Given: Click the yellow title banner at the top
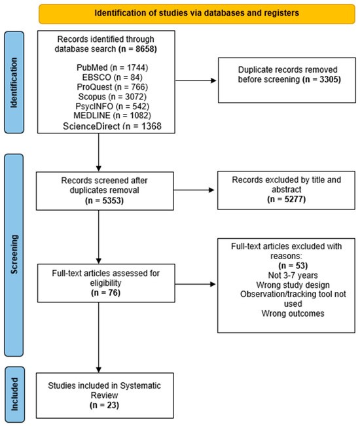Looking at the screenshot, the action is click(x=197, y=14).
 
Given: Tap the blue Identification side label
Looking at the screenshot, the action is click(x=14, y=82).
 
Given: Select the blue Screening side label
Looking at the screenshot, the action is click(x=14, y=255).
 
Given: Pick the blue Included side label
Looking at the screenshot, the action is click(x=14, y=394).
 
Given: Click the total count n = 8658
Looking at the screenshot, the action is click(x=137, y=49).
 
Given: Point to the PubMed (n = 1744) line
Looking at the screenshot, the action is click(x=112, y=67).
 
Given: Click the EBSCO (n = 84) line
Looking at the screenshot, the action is click(x=112, y=77).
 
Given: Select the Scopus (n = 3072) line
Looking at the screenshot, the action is click(x=112, y=96).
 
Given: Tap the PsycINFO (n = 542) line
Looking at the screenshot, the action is click(x=112, y=106).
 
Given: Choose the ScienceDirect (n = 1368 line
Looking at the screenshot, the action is click(x=112, y=126).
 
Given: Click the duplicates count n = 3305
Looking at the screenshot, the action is click(x=321, y=79).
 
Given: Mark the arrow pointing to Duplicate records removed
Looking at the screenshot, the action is click(x=196, y=80).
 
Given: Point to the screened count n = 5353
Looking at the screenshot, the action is click(x=104, y=200).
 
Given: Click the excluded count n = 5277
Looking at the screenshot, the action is click(x=287, y=199).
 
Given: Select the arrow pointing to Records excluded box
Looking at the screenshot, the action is click(x=194, y=190).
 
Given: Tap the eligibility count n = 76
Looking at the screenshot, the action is click(x=105, y=293).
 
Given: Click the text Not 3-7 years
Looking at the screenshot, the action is click(x=293, y=275).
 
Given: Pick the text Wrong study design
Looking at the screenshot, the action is click(x=293, y=285).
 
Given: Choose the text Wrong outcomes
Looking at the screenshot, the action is click(x=293, y=313).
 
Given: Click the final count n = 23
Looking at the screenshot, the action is click(x=104, y=405).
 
